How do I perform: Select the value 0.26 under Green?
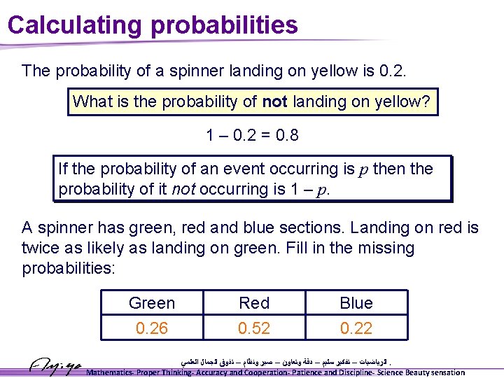pos(152,328)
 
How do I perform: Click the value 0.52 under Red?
pos(254,328)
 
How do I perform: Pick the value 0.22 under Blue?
pos(356,328)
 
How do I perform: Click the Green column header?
pos(152,303)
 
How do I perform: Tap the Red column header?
pos(254,303)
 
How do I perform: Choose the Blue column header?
pos(356,303)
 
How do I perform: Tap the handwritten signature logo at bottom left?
pos(55,365)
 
